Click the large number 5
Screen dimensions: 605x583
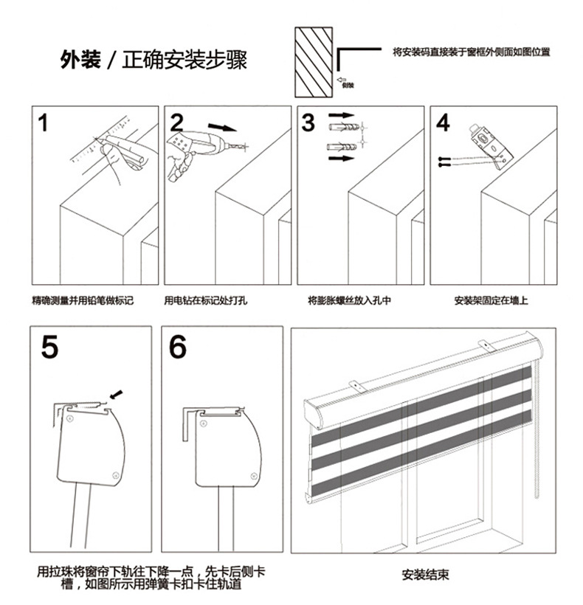click(49, 346)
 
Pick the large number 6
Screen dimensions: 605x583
click(178, 346)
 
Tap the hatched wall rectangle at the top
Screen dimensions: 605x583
click(312, 63)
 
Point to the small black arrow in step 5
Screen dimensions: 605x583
click(115, 392)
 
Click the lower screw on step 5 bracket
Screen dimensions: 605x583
click(116, 475)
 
